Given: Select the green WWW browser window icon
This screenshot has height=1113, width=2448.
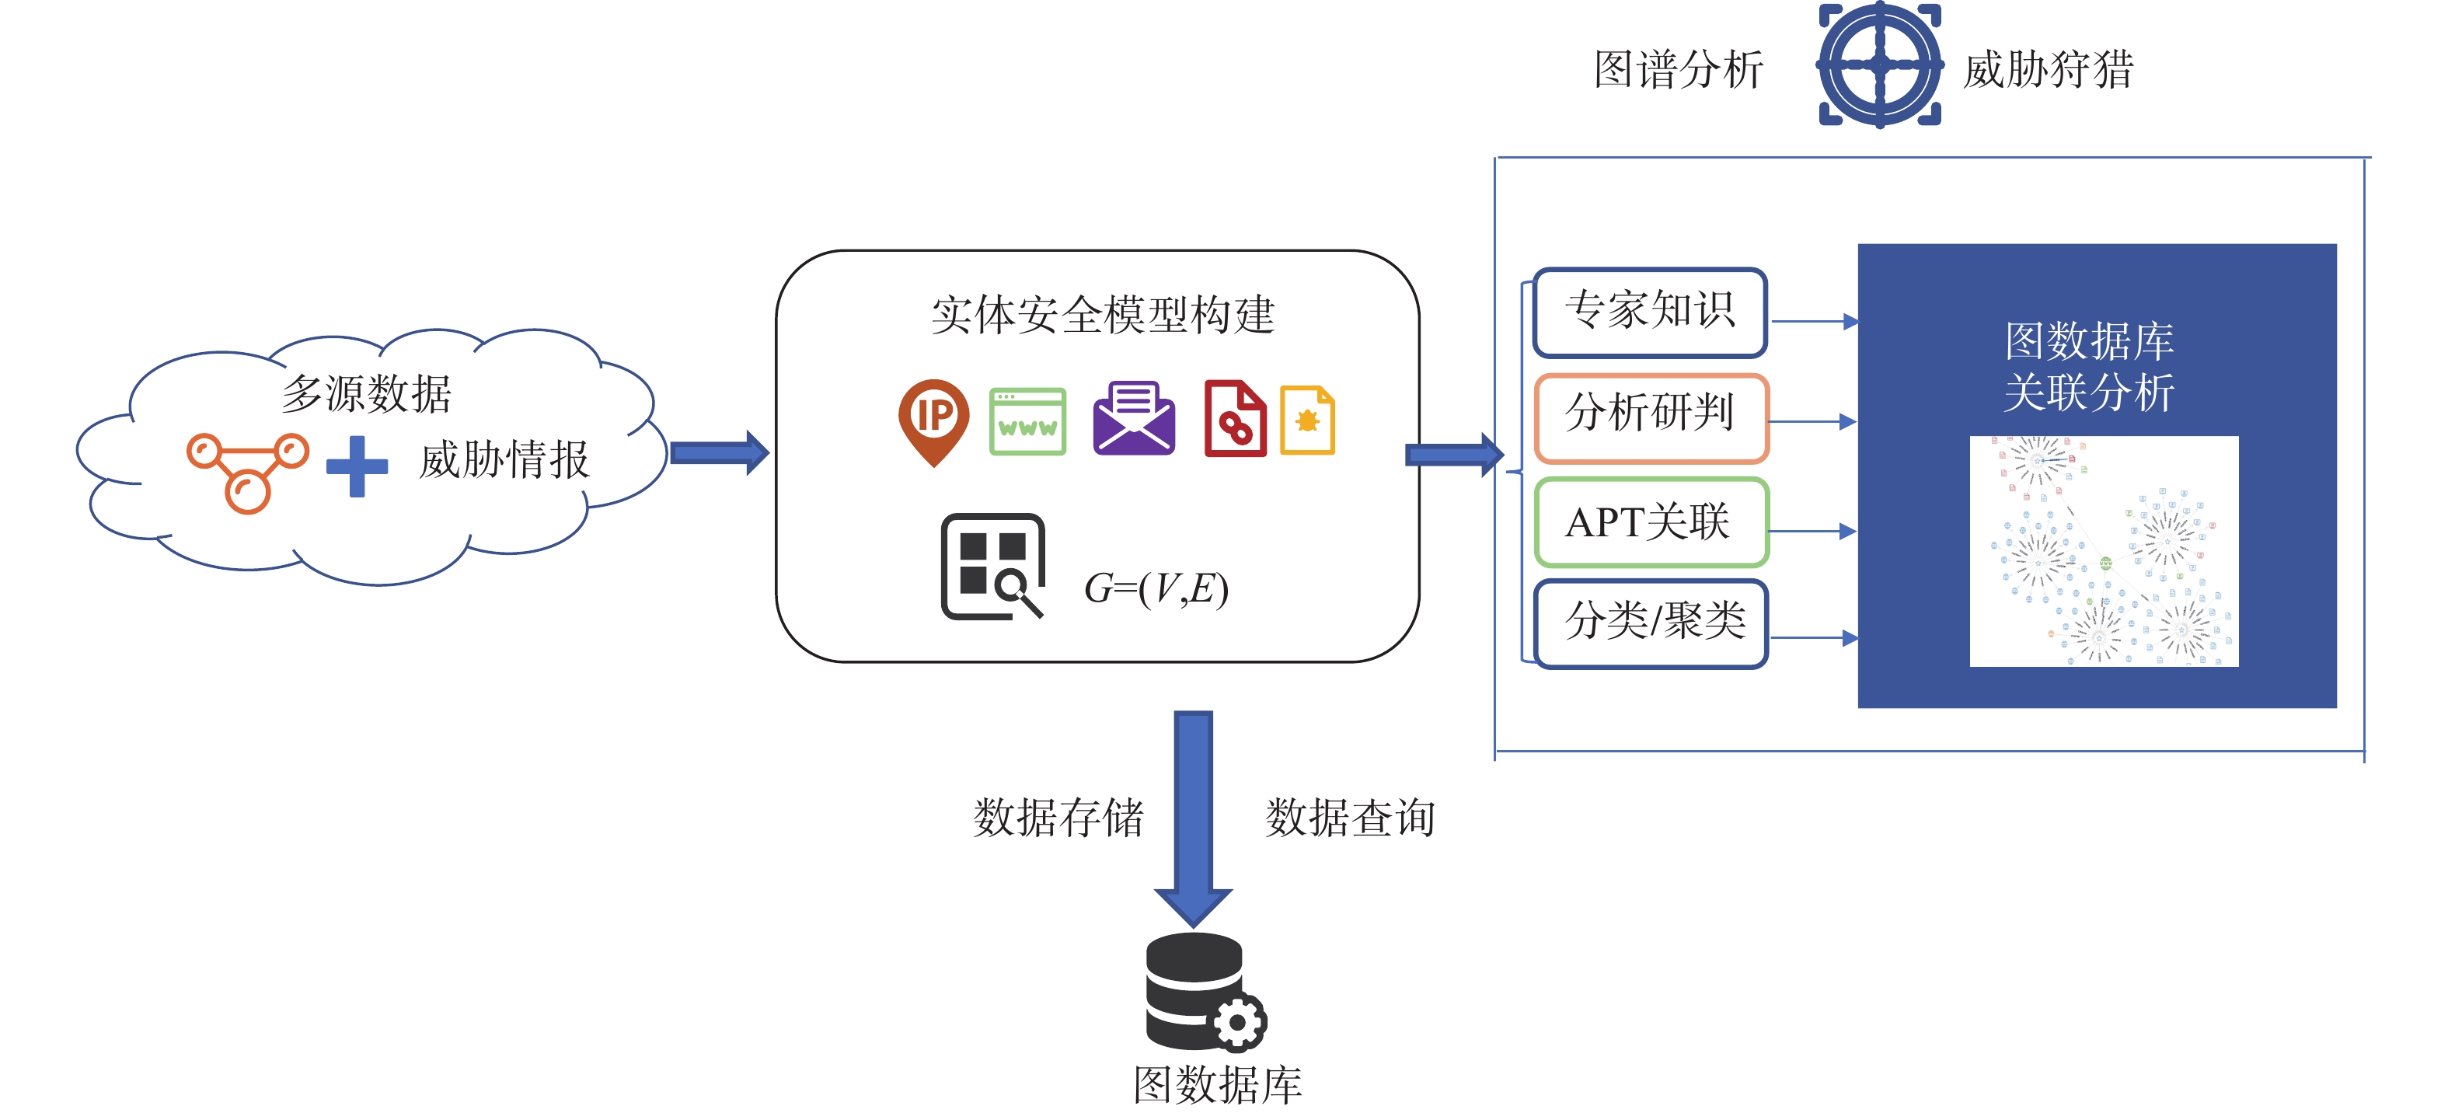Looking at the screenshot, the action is (x=1027, y=422).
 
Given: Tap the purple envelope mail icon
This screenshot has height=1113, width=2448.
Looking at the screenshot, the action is (x=1134, y=418).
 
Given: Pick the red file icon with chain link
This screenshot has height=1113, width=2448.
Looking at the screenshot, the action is (x=1236, y=419).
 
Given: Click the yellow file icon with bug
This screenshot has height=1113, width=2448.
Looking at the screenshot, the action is (x=1308, y=420).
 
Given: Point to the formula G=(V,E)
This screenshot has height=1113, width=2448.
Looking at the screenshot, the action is (x=1156, y=588).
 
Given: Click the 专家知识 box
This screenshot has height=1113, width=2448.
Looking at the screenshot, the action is (x=1651, y=312).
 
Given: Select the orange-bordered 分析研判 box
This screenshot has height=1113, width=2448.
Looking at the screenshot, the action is (x=1651, y=417).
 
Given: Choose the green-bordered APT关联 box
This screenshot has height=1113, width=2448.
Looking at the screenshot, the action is (x=1651, y=522).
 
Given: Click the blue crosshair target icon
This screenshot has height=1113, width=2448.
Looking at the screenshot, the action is (x=1880, y=65).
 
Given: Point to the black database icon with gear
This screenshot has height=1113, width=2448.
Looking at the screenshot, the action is (x=1205, y=991).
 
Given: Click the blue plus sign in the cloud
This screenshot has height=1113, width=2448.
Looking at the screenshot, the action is (x=357, y=466).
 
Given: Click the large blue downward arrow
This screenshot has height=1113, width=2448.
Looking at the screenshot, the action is (x=1194, y=818).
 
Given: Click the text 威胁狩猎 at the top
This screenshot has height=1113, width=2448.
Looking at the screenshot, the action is (x=2049, y=69).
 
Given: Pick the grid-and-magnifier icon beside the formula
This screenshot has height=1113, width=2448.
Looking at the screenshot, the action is (x=993, y=567).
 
